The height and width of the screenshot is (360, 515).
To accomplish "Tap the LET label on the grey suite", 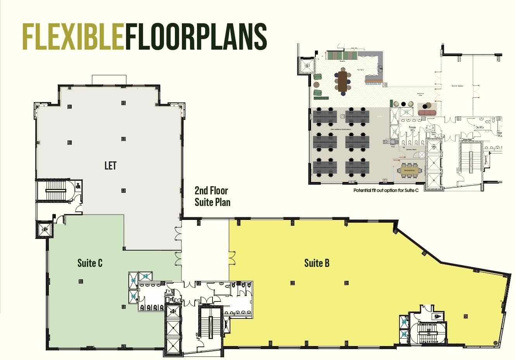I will [111, 166].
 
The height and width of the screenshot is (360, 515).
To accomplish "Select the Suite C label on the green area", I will [90, 263].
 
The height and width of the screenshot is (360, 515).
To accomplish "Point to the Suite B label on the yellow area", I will [317, 263].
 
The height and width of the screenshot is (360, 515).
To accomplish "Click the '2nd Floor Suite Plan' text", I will [212, 196].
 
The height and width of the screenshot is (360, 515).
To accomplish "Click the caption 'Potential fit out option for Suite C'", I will [385, 190].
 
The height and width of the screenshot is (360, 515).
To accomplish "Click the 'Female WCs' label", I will [412, 128].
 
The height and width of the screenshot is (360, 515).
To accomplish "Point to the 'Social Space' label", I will [457, 86].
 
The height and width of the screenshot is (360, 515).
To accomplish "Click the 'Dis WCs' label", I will [480, 127].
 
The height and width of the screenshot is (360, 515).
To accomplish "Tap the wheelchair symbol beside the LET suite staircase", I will [78, 185].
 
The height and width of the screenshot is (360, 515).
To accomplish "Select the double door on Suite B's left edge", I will [231, 257].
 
